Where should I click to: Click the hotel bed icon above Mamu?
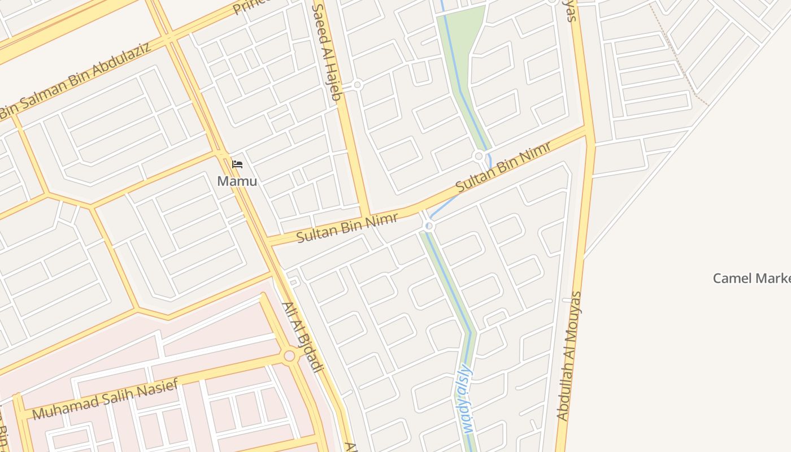(237, 164)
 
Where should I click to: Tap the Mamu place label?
(237, 181)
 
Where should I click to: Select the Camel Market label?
(751, 278)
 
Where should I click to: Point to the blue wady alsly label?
(466, 398)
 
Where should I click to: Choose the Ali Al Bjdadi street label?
(302, 337)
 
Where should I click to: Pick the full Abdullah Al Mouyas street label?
(570, 356)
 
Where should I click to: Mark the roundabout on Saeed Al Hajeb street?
(357, 85)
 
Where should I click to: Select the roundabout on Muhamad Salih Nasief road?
(289, 356)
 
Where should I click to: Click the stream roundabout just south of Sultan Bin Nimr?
(429, 226)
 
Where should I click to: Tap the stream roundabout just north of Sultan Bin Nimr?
(479, 156)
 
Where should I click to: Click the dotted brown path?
(678, 56)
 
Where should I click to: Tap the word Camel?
(732, 278)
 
